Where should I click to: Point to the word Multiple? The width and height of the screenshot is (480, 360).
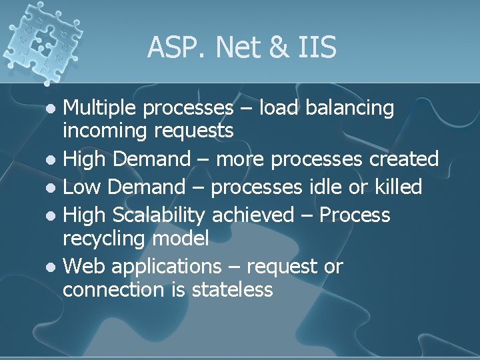pos(101,108)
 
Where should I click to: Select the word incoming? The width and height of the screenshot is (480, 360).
pos(104,131)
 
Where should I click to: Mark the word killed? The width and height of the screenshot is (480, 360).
pos(397,187)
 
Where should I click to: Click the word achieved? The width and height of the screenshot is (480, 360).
pos(254,215)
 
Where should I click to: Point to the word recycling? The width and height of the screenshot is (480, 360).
pos(104,239)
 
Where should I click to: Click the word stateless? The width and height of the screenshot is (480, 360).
pos(232,290)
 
